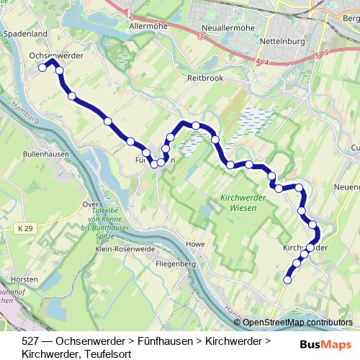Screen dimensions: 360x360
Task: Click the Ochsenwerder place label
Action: (x=57, y=55)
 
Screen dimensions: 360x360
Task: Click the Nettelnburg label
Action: (x=281, y=41)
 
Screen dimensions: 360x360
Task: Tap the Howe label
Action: (x=195, y=245)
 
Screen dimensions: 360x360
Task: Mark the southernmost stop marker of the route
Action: (x=288, y=280)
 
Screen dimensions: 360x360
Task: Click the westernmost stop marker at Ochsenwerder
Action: (x=42, y=68)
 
